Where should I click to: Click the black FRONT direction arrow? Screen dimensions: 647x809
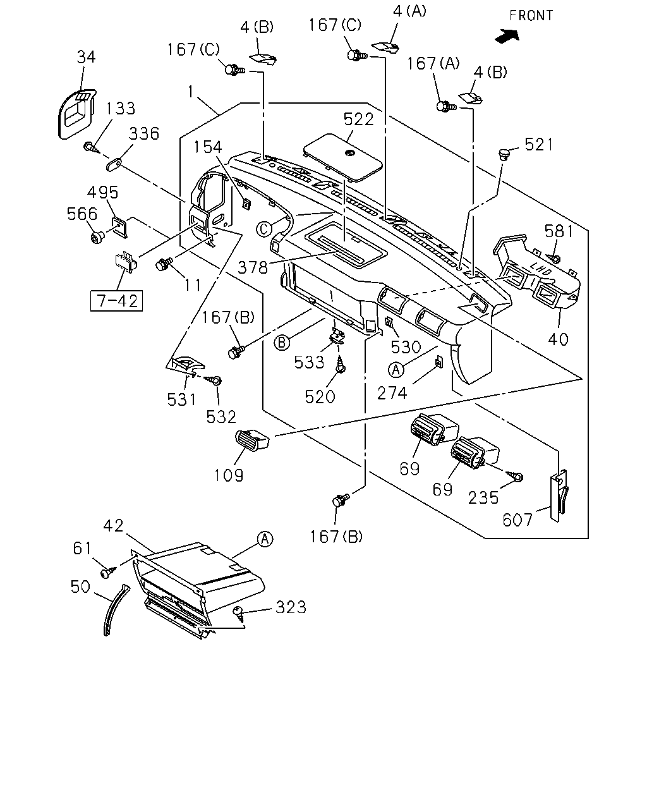507,36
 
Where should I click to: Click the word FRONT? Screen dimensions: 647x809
531,15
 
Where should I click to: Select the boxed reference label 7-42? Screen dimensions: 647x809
116,301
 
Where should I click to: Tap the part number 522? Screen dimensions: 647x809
358,119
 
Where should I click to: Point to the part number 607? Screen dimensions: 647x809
517,520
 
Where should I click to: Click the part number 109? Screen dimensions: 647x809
229,475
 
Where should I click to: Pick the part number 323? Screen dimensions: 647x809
291,607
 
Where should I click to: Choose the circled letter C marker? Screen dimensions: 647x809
264,229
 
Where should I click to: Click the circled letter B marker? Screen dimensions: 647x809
282,343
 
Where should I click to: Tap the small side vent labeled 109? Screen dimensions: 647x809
252,441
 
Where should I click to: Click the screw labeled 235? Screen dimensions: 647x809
516,476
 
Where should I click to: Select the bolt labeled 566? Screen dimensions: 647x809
98,237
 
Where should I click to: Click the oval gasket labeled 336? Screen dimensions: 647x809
114,164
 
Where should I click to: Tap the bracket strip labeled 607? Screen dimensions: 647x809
559,496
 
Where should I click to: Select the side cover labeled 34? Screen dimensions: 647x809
76,114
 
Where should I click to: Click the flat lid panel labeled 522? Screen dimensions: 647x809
343,157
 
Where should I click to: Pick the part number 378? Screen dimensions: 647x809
253,267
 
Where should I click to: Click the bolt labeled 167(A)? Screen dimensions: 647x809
446,106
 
